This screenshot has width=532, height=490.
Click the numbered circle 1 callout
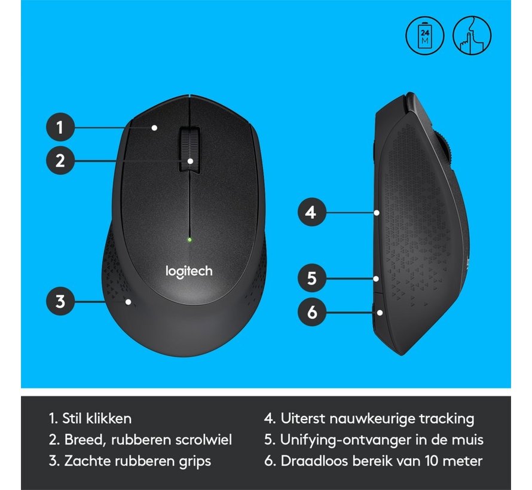pos(60,127)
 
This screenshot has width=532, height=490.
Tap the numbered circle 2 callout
pos(60,160)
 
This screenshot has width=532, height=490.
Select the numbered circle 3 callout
pos(60,301)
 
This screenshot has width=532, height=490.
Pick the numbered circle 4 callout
pos(312,212)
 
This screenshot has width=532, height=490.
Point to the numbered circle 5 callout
pos(312,278)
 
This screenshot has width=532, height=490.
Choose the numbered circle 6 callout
pos(312,312)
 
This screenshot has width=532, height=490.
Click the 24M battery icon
pos(425,36)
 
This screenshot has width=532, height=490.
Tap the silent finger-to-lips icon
pos(472,36)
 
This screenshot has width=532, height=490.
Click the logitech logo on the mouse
pos(189,272)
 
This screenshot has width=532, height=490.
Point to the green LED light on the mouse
pos(189,240)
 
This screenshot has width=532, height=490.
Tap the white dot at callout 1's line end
pos(154,128)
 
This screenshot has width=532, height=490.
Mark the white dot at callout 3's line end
pos(129,301)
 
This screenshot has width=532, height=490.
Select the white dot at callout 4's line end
pos(377,213)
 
